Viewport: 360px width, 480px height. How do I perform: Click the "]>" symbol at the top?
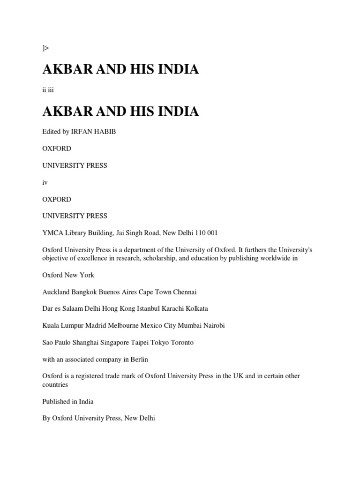45,48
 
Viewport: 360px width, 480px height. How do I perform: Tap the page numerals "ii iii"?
48,90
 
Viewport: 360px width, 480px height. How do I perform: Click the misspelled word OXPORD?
57,199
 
